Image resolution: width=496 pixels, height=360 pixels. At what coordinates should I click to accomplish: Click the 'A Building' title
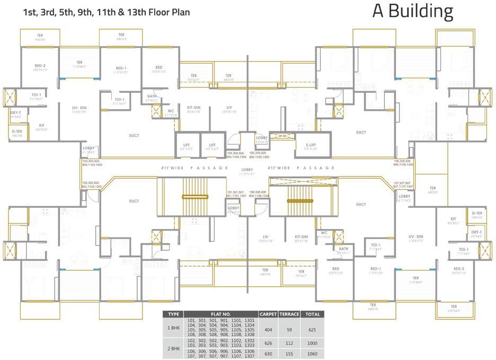pyautogui.click(x=412, y=12)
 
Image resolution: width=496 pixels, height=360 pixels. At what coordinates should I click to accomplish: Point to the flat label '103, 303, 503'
pyautogui.click(x=91, y=161)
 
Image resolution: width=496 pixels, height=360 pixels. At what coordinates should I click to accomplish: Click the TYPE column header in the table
pyautogui.click(x=173, y=314)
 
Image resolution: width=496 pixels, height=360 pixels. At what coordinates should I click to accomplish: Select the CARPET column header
pyautogui.click(x=268, y=314)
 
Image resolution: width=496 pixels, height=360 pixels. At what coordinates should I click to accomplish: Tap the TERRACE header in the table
pyautogui.click(x=289, y=314)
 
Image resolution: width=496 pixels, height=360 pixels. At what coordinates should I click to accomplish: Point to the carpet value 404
pyautogui.click(x=268, y=330)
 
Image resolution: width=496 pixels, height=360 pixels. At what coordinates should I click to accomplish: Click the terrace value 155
pyautogui.click(x=289, y=354)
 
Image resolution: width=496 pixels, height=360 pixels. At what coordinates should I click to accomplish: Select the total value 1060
pyautogui.click(x=313, y=354)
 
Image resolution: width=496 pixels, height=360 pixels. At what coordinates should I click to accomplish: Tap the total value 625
pyautogui.click(x=313, y=330)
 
